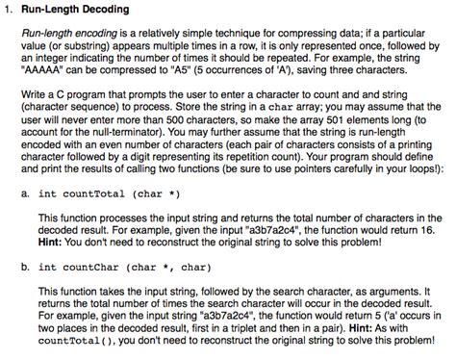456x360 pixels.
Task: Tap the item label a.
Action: (23, 193)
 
